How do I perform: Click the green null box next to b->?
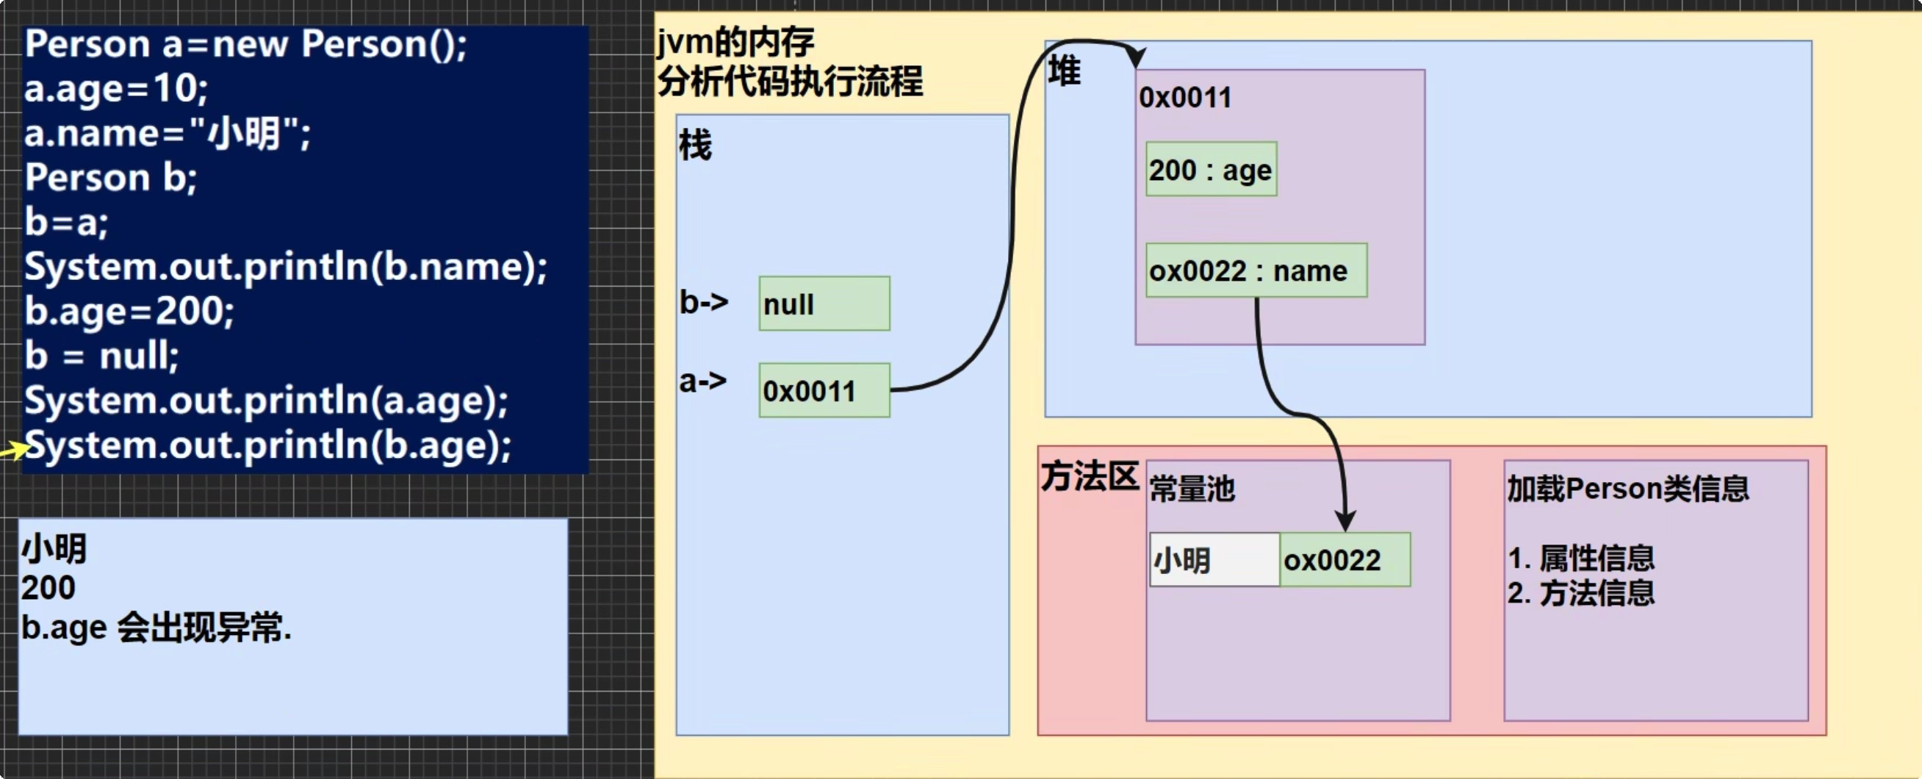824,304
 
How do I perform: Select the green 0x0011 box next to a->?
824,390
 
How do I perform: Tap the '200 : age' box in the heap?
1210,169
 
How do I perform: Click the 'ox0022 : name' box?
1256,270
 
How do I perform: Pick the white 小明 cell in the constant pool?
1214,559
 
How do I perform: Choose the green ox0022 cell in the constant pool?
1345,559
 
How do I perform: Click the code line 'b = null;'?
101,355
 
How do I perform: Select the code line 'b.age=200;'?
129,310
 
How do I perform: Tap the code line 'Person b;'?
110,178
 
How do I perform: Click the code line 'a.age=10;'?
115,88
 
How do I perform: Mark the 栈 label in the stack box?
694,145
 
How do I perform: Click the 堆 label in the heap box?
1063,71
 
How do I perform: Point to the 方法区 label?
1089,476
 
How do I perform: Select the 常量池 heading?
1192,489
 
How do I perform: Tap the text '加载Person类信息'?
1627,489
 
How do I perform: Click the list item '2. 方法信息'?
1580,593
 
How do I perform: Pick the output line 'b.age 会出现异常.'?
156,628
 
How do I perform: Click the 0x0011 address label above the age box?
1185,98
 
